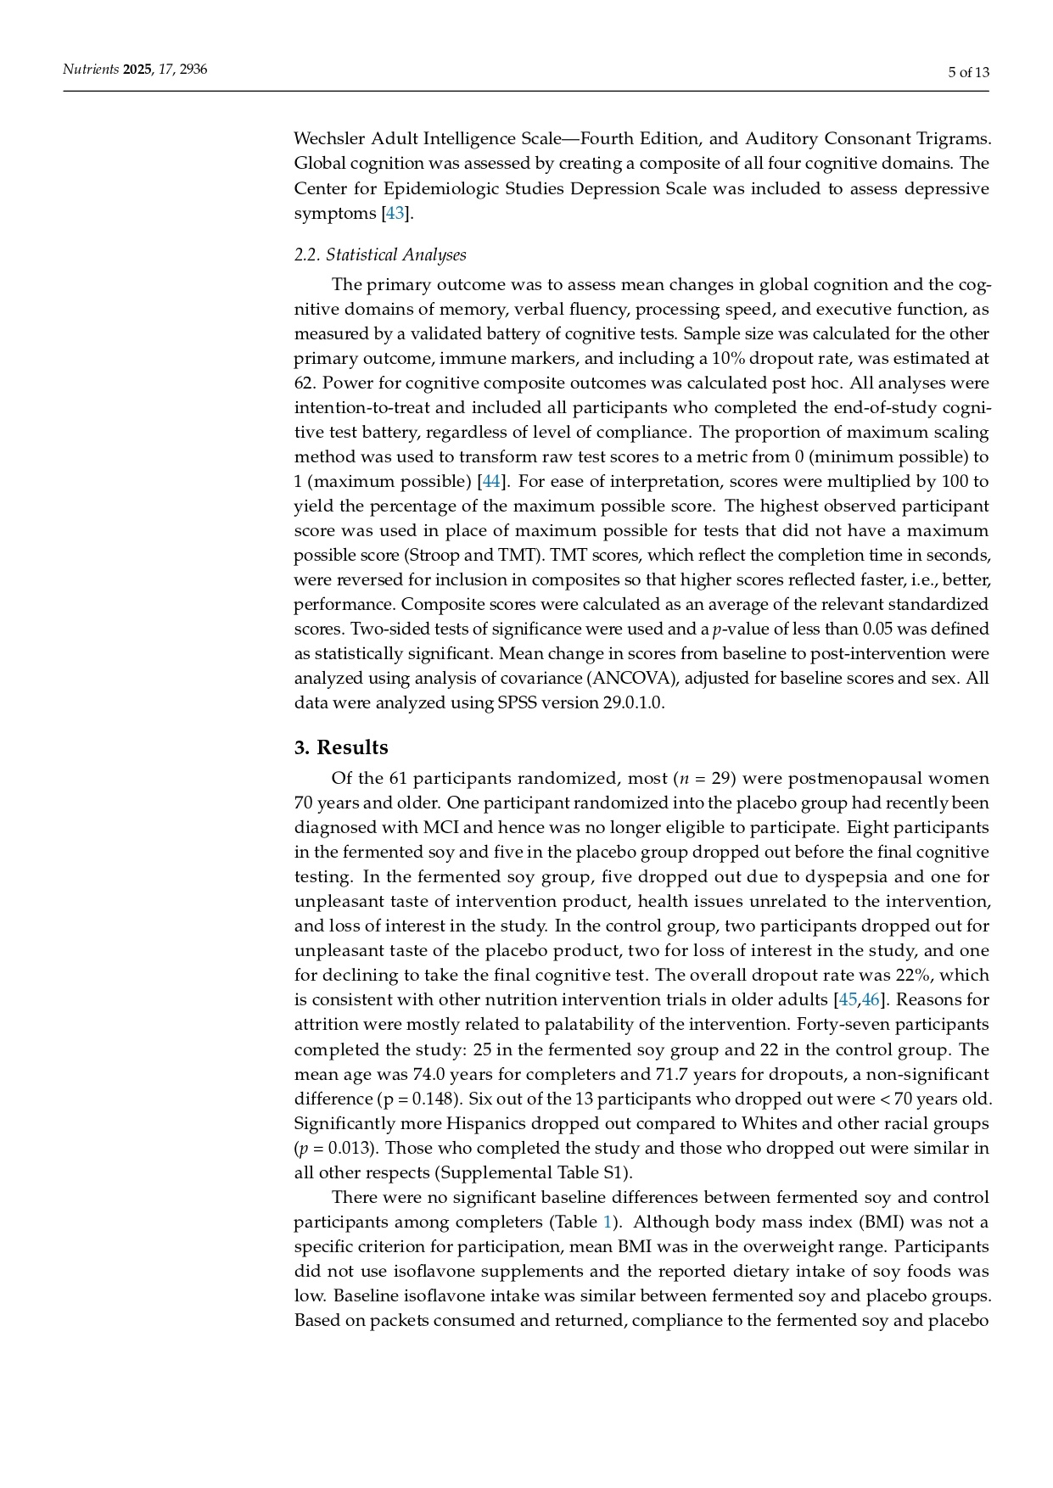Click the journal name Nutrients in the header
click(x=91, y=70)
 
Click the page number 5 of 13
click(x=968, y=72)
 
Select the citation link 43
click(x=395, y=213)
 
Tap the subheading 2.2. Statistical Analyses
click(x=380, y=255)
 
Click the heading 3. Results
click(x=341, y=747)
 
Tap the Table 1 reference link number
click(x=608, y=1222)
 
